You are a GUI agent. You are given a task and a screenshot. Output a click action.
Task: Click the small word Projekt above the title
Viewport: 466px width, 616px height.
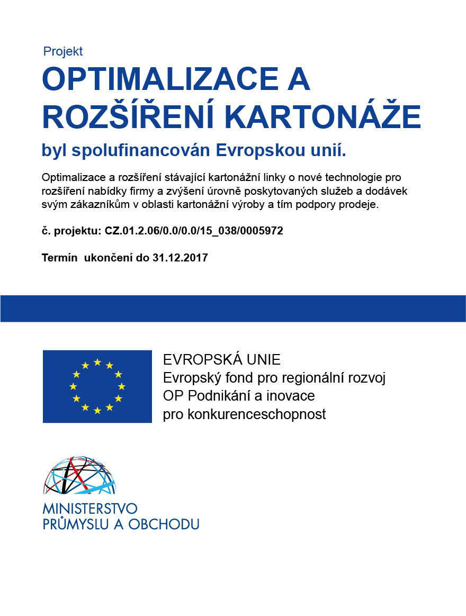pyautogui.click(x=63, y=51)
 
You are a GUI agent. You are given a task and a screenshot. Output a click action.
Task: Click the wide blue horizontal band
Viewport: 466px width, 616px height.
pyautogui.click(x=233, y=309)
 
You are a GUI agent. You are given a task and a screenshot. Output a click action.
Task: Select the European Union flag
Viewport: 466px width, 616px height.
pyautogui.click(x=97, y=386)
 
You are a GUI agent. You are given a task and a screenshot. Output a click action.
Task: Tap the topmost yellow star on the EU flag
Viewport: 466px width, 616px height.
pyautogui.click(x=97, y=363)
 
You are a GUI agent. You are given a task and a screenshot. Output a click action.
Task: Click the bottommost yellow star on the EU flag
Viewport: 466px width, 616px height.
pyautogui.click(x=97, y=411)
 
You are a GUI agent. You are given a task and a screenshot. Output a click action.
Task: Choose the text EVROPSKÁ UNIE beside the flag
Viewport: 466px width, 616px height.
pyautogui.click(x=221, y=360)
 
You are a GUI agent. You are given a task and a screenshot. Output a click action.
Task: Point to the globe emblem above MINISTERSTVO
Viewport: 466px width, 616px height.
pyautogui.click(x=79, y=475)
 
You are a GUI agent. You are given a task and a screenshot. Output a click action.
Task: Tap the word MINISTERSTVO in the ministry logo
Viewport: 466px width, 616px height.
pyautogui.click(x=90, y=509)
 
